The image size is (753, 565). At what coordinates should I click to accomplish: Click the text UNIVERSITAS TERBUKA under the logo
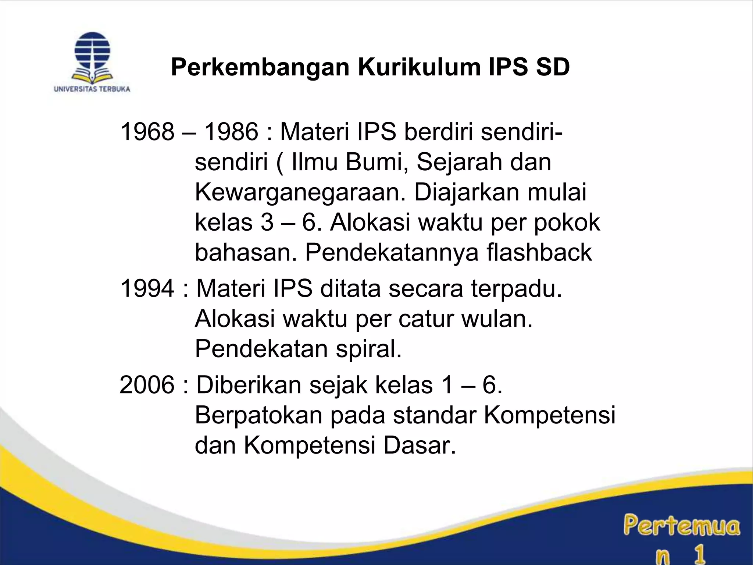click(92, 89)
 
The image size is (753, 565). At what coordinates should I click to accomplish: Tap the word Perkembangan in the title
click(260, 67)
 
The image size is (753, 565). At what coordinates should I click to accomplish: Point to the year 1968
click(147, 132)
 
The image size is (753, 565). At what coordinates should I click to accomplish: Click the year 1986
click(231, 132)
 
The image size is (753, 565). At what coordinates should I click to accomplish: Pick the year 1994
click(147, 288)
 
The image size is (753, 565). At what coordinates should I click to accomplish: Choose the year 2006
click(147, 385)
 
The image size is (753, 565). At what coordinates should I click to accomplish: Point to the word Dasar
click(420, 445)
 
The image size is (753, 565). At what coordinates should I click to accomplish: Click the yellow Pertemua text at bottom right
click(681, 526)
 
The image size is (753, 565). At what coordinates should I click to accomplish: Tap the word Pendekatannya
click(392, 253)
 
